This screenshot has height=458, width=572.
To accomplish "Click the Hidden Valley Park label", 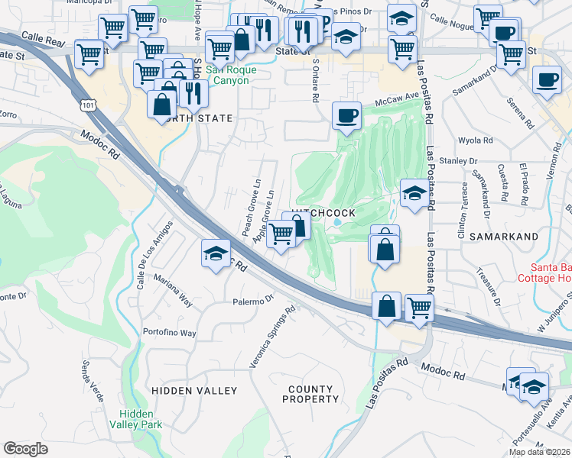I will click(135, 418).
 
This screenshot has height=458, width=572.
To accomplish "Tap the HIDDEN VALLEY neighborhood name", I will click(194, 391).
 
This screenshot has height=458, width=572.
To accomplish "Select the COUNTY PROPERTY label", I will click(313, 394).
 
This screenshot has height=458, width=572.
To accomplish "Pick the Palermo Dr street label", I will click(253, 300).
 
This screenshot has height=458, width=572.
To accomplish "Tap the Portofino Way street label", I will click(170, 333).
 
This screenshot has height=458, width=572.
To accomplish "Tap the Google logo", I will click(25, 449).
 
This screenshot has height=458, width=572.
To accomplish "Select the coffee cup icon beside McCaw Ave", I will click(347, 115).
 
